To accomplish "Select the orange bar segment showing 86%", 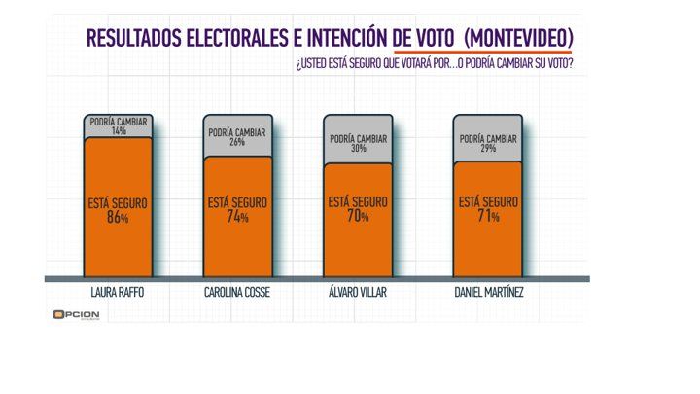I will pos(117,209).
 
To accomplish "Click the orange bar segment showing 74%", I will pos(237,219).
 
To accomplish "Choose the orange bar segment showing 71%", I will pos(487,222).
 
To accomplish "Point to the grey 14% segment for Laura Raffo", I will pos(117,126).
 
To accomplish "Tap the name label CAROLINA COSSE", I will pos(237,292).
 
